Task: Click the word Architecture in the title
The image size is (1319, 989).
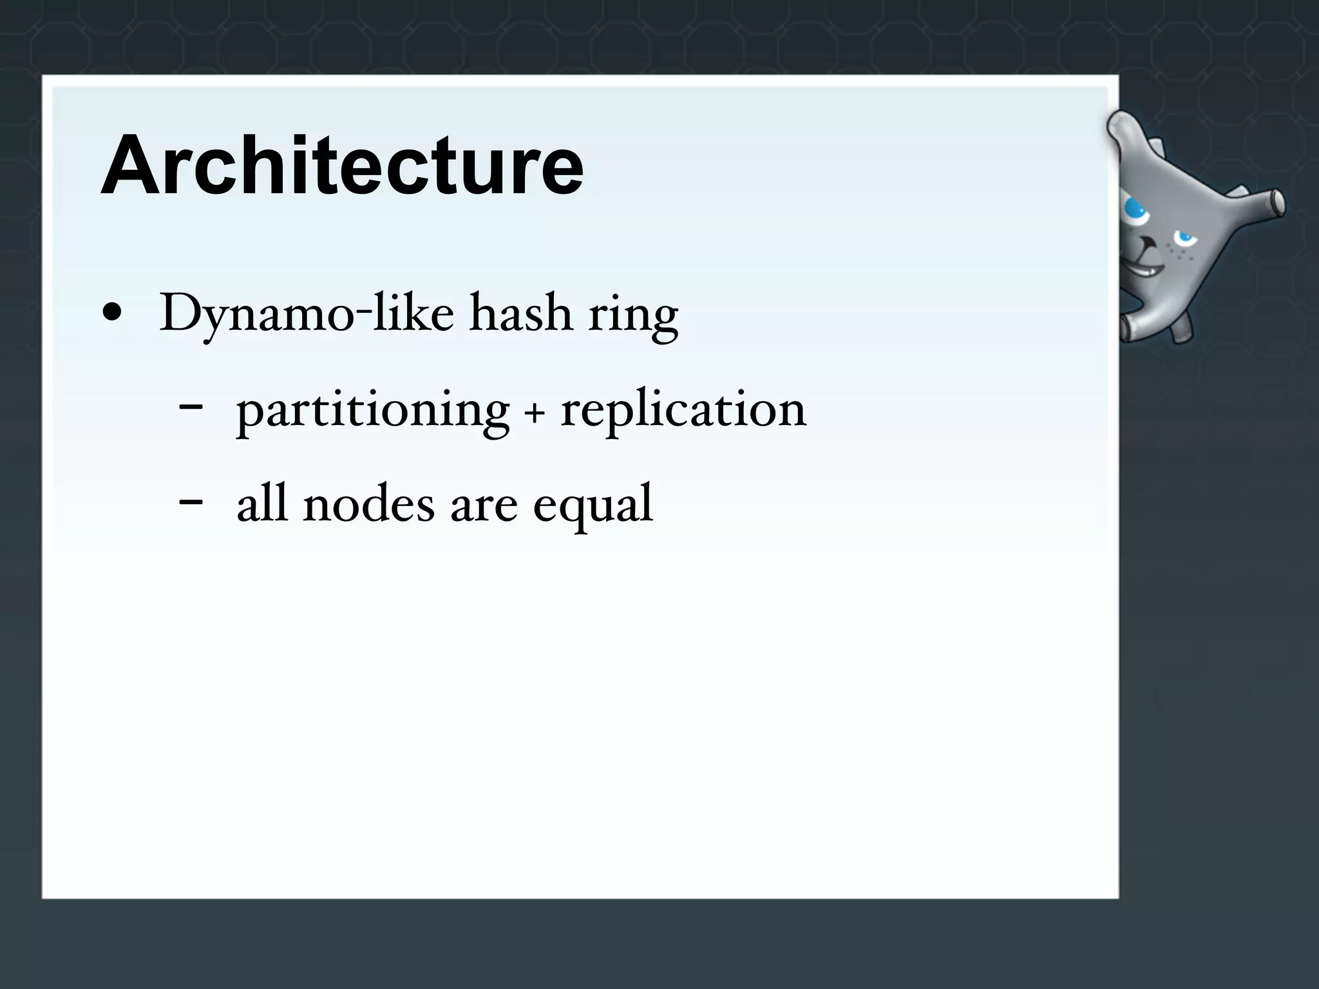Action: pos(342,165)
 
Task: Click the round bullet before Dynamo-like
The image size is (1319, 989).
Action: pos(112,314)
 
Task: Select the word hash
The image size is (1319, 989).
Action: pos(520,314)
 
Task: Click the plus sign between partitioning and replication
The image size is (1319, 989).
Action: pos(534,414)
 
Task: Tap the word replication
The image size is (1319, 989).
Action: pos(683,411)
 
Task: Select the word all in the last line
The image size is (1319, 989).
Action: pos(261,504)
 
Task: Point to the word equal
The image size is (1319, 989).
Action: pos(593,507)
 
